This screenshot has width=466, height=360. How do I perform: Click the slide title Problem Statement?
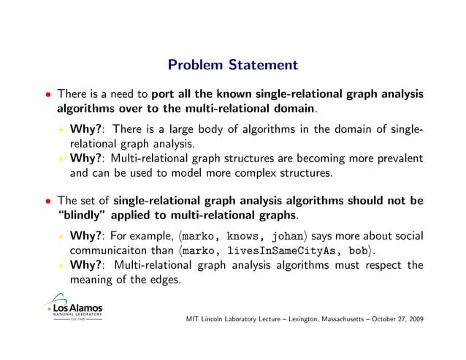coord(232,66)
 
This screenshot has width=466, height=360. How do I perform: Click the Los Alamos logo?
coord(74,307)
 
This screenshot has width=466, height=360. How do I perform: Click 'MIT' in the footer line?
coord(194,319)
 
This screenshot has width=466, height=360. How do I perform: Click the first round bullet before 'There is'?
coord(47,95)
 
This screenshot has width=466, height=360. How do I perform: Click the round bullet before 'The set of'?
coord(47,202)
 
